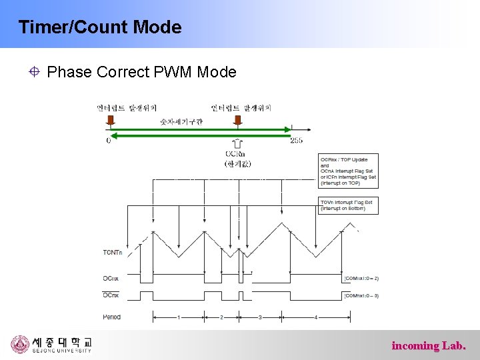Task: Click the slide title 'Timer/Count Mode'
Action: (x=100, y=27)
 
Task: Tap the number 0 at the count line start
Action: (x=109, y=141)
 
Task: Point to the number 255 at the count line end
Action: (x=297, y=141)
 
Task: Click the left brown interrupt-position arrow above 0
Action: (x=111, y=121)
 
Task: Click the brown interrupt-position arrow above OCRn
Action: (x=237, y=121)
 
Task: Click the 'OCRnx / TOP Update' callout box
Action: (x=348, y=171)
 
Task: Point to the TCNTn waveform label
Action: (x=113, y=252)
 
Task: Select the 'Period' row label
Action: (x=112, y=317)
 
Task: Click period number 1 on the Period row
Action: (x=179, y=317)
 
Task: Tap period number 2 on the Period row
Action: (x=221, y=317)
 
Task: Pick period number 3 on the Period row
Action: (x=260, y=317)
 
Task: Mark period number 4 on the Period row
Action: (x=316, y=317)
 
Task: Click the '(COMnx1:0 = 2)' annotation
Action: (x=361, y=278)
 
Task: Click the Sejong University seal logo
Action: (x=20, y=345)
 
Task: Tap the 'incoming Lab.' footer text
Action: (x=429, y=345)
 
